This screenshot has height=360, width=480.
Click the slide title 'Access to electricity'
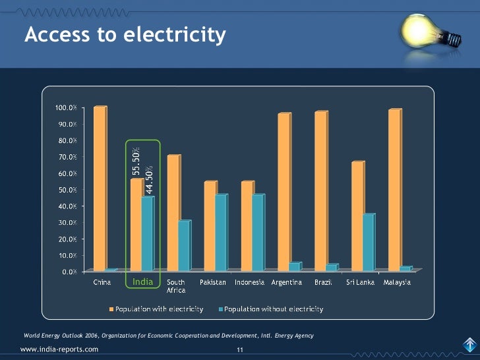[x=125, y=34]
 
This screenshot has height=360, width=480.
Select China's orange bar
[x=99, y=189]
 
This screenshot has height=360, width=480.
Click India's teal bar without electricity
[x=147, y=234]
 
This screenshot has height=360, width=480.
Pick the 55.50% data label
[x=136, y=162]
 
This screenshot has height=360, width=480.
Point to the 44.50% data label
[x=149, y=179]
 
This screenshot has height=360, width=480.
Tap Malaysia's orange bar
[x=394, y=191]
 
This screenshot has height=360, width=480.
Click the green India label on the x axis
[x=142, y=282]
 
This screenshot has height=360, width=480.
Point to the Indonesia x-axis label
[x=250, y=283]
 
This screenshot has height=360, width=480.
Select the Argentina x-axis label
[x=287, y=283]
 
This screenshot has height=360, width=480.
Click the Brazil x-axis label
[x=323, y=283]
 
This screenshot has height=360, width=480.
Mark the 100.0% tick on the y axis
[x=65, y=107]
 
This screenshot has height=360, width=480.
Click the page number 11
[x=241, y=349]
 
